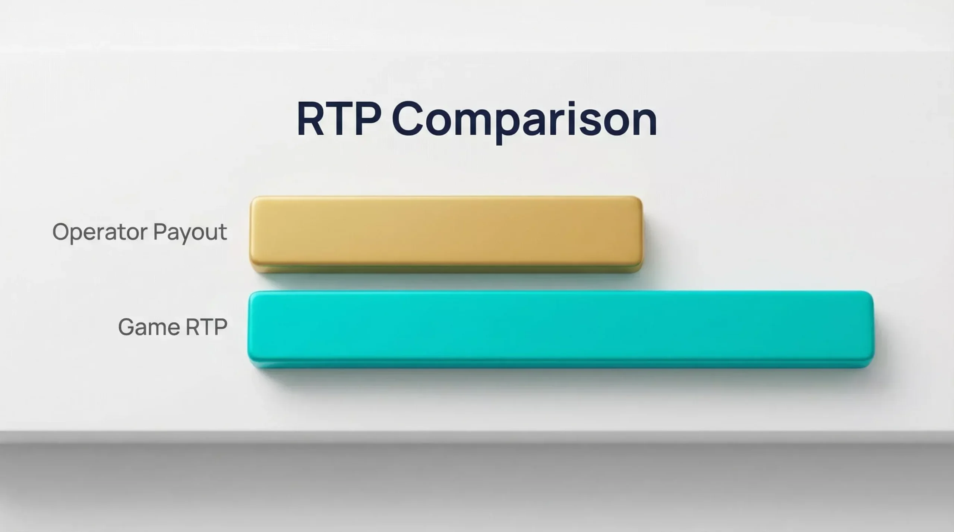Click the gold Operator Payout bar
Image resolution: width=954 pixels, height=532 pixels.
pos(446,235)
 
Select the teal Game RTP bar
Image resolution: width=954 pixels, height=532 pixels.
pos(561,329)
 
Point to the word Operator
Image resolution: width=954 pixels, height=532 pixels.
pos(100,232)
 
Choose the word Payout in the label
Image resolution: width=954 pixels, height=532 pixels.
pos(190,233)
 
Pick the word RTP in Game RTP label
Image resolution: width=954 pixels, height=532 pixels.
pos(206,327)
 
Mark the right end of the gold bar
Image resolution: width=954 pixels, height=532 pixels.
pos(642,235)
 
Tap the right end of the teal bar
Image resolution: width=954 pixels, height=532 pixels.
pos(874,329)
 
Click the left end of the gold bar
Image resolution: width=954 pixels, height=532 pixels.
pos(250,235)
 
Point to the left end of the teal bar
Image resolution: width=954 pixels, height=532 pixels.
pos(248,329)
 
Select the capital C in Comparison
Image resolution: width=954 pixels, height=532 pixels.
pos(408,119)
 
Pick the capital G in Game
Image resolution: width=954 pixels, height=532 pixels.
pos(127,327)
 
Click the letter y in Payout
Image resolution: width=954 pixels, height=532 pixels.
pos(186,235)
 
